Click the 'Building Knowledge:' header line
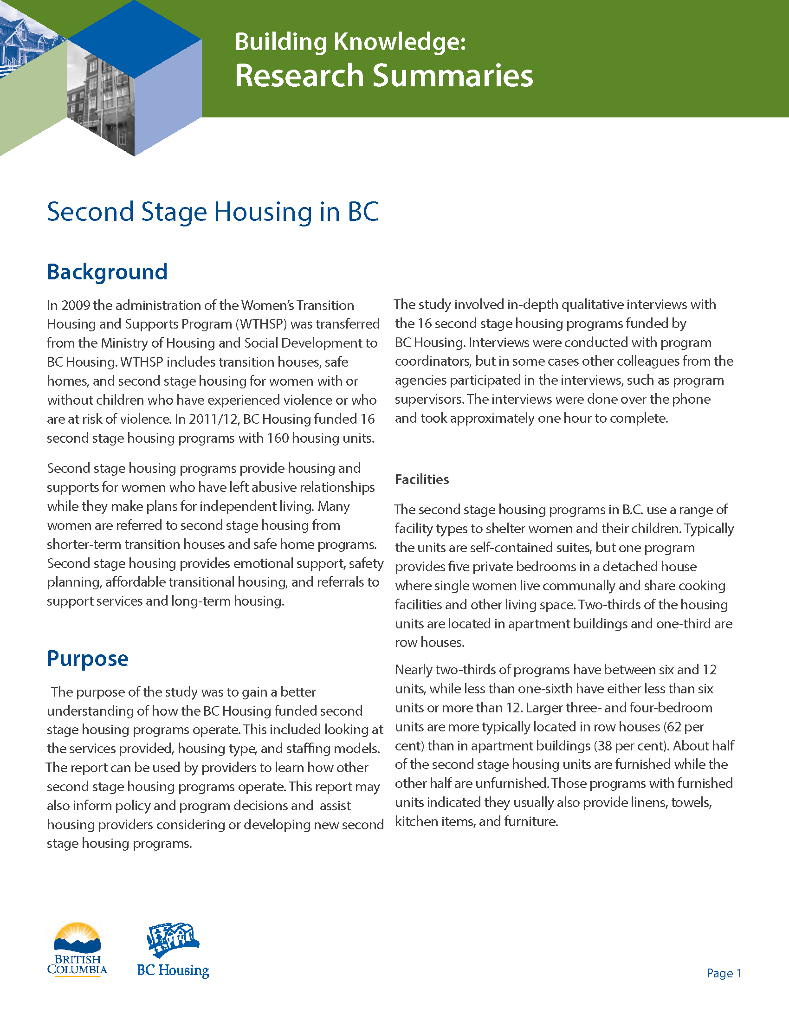pos(350,42)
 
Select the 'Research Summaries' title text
pos(383,76)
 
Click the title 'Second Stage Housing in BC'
pos(213,212)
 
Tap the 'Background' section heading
pos(107,272)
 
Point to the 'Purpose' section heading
pos(87,659)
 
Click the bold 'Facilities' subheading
pos(421,479)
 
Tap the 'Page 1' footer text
pos(724,973)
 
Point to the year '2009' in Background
pos(75,305)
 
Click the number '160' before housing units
pos(278,438)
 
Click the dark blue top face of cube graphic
pos(135,40)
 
